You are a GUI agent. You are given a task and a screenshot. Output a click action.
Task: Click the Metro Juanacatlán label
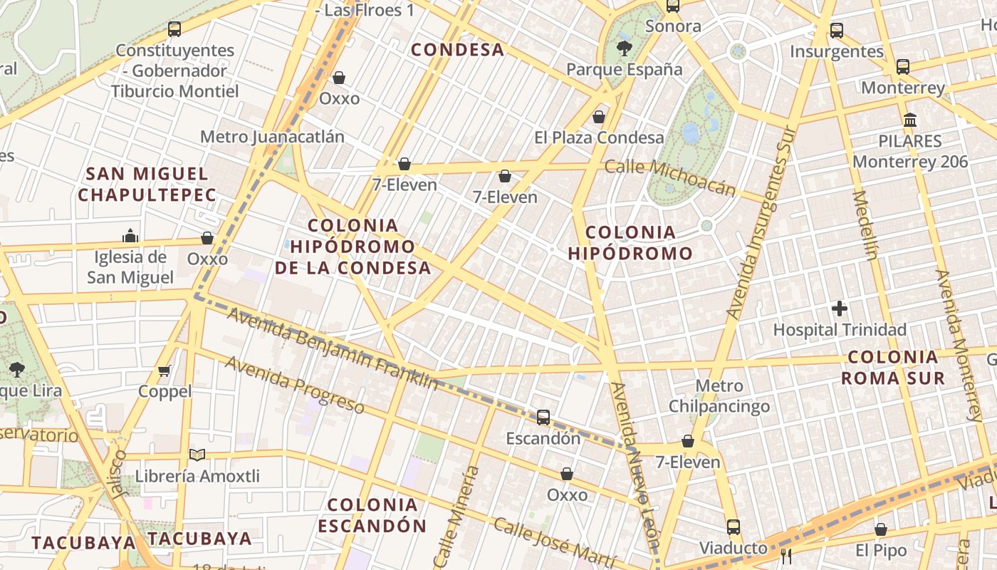click(272, 137)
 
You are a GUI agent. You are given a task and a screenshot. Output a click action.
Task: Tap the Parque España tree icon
click(625, 48)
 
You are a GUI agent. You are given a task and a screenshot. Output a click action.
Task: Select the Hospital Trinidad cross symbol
click(840, 309)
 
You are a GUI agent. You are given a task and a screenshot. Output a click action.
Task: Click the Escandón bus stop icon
click(543, 418)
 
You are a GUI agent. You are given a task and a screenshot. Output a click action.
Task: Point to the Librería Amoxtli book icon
click(197, 455)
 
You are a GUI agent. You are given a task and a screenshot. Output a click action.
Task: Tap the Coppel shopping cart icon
click(165, 370)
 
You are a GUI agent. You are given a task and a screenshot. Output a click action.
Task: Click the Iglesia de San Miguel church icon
click(130, 236)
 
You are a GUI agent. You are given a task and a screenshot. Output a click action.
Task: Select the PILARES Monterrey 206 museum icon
click(910, 120)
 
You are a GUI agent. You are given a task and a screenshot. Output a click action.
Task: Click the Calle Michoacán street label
click(669, 177)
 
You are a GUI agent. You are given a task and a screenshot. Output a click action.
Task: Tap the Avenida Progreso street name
click(295, 385)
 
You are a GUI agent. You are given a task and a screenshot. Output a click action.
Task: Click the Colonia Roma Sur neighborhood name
click(893, 368)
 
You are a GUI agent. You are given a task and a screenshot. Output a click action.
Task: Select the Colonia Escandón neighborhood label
click(372, 515)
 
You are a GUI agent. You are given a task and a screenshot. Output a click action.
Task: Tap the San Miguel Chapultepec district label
click(147, 184)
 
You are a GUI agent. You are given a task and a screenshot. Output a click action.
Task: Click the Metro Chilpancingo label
click(719, 396)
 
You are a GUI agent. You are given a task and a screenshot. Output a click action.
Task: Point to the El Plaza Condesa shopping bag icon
click(599, 117)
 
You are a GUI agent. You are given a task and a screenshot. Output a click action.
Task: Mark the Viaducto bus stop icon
click(734, 527)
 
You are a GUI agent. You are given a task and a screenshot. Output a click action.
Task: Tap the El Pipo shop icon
click(881, 529)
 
